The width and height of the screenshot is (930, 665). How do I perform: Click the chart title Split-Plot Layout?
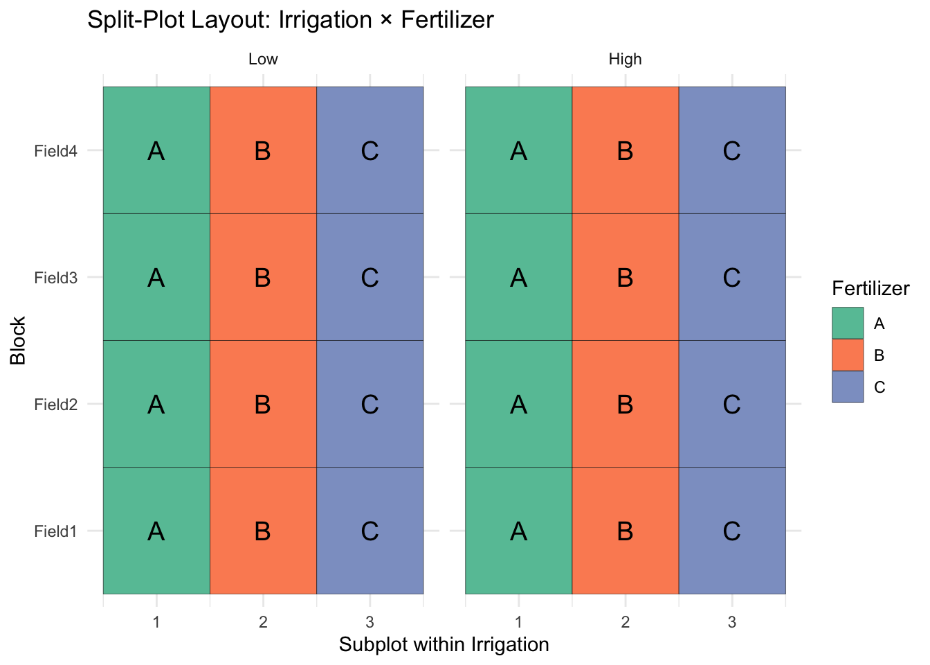[x=290, y=19]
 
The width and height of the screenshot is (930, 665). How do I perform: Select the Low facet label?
[x=263, y=60]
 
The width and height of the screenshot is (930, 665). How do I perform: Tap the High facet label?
[x=625, y=60]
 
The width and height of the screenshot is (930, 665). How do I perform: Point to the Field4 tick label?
[x=55, y=150]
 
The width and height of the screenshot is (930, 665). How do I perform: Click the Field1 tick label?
[x=55, y=531]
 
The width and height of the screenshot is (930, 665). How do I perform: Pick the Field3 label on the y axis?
[x=55, y=278]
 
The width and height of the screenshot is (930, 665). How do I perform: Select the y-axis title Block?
[x=18, y=340]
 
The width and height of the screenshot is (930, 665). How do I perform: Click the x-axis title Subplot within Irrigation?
[x=444, y=645]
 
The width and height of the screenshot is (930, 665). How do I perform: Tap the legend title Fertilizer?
[x=870, y=288]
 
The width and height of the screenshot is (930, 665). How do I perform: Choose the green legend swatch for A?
[x=848, y=323]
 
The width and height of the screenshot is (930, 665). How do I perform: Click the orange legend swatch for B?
[x=848, y=355]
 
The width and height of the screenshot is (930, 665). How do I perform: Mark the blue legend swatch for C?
[x=848, y=387]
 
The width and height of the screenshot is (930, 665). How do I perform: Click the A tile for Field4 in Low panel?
[x=156, y=150]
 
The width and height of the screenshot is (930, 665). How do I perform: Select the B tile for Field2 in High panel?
[x=625, y=404]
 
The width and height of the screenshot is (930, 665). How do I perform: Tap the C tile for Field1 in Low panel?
[x=370, y=531]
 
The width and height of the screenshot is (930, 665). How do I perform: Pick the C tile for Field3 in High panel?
[x=731, y=278]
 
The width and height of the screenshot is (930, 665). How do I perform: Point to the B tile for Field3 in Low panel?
[x=263, y=278]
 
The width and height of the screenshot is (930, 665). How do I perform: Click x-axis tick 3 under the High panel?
[x=731, y=622]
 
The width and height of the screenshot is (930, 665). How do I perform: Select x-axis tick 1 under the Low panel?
[x=156, y=622]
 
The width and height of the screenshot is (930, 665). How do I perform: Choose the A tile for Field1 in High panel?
[x=518, y=531]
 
